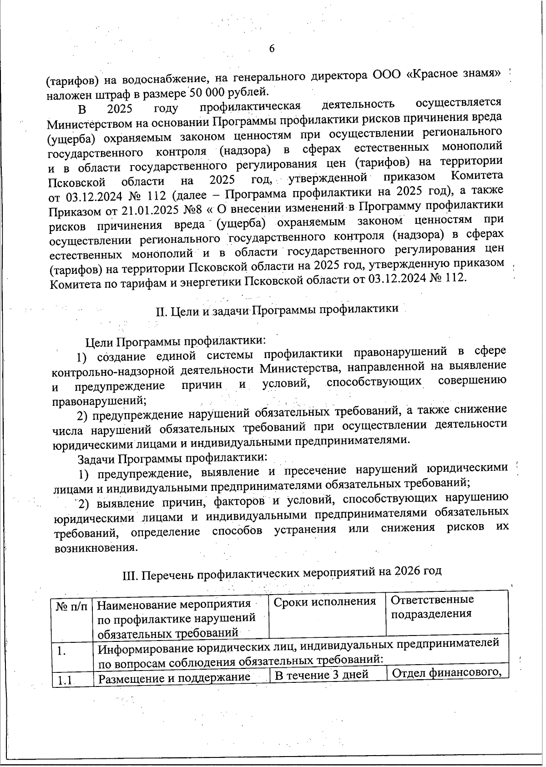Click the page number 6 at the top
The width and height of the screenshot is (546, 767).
[272, 49]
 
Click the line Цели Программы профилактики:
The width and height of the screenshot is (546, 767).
[175, 341]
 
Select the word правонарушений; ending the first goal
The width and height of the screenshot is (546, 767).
[99, 401]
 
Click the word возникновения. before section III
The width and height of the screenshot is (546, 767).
[96, 548]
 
